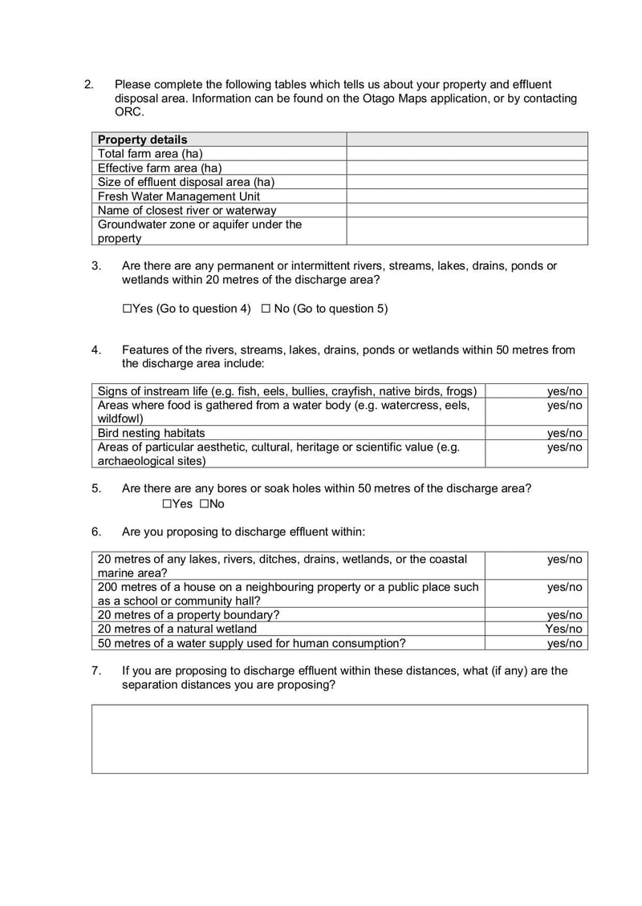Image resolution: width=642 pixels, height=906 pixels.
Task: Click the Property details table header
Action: click(142, 140)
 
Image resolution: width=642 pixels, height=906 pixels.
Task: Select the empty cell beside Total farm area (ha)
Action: click(466, 154)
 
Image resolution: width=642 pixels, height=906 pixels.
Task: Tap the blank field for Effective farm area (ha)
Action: click(466, 168)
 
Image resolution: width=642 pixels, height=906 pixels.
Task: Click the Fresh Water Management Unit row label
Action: click(178, 196)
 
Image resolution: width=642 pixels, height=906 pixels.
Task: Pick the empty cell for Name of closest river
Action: click(466, 210)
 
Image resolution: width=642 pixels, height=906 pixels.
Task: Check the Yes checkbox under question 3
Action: click(128, 309)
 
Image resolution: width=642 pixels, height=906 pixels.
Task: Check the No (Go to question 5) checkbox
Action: click(266, 309)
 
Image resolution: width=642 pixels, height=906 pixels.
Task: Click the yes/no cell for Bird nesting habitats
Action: click(564, 434)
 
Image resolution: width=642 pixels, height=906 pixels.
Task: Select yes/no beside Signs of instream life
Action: click(564, 391)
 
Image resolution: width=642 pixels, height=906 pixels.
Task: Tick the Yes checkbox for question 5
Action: click(167, 504)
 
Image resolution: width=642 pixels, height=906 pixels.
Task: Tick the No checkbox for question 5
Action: click(204, 504)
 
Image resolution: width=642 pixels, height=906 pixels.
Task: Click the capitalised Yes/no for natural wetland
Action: click(563, 629)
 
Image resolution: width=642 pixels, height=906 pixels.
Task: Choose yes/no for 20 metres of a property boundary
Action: click(564, 615)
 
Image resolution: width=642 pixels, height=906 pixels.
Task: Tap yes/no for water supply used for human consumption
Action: click(564, 643)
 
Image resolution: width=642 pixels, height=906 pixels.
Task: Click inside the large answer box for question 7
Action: click(339, 738)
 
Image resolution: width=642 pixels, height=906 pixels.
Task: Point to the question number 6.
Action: click(95, 532)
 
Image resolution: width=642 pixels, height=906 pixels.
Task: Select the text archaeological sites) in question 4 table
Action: click(152, 461)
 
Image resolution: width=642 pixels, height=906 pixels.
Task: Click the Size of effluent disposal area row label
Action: click(185, 182)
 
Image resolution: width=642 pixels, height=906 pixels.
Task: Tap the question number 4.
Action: click(95, 350)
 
